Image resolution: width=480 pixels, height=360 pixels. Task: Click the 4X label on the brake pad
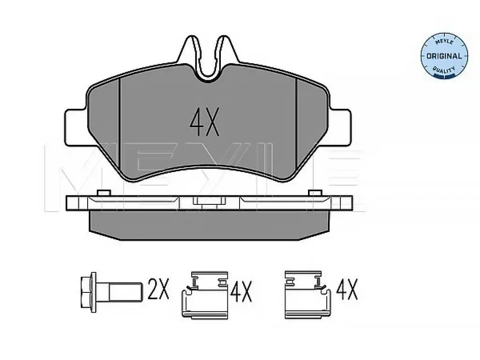pos(204,122)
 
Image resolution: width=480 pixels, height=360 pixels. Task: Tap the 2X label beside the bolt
pos(158,289)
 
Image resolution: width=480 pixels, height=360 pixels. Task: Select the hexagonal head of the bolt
pos(89,292)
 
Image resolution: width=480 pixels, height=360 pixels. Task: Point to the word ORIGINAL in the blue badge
pos(444,56)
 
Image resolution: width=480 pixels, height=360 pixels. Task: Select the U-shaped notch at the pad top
pos(209,59)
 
